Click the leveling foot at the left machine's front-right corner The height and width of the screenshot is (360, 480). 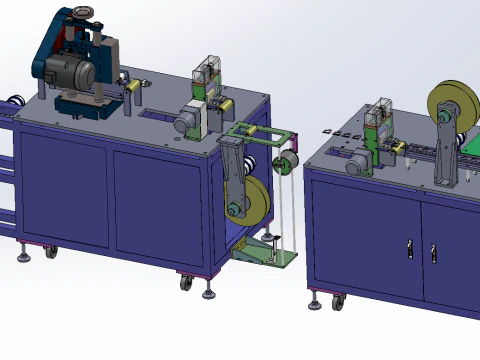208,294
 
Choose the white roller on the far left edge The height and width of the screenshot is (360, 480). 14,101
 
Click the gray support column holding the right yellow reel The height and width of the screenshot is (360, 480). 446,160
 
